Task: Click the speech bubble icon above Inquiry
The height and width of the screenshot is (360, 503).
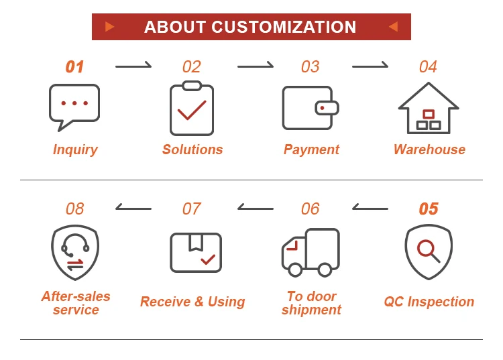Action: click(x=74, y=107)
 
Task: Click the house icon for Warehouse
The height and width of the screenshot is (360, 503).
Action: click(x=429, y=108)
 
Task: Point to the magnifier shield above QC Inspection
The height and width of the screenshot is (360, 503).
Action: click(x=429, y=251)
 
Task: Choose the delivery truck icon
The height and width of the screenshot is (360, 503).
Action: click(x=310, y=252)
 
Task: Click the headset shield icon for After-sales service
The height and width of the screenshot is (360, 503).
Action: click(x=74, y=252)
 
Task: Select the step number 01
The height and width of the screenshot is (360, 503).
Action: click(x=74, y=67)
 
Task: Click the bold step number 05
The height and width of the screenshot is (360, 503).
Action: click(x=429, y=209)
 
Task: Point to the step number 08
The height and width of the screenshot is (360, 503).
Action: click(x=74, y=209)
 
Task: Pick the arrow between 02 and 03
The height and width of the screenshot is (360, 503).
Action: click(x=256, y=66)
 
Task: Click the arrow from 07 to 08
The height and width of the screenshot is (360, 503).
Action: click(x=133, y=208)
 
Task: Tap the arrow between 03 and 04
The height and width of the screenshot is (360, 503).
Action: click(x=370, y=66)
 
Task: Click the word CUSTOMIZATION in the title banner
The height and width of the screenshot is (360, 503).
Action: click(x=284, y=27)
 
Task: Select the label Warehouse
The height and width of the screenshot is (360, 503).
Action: click(x=429, y=149)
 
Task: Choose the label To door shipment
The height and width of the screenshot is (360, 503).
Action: click(x=311, y=303)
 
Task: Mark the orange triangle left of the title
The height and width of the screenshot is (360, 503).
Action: click(x=109, y=27)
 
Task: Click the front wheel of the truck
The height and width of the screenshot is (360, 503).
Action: click(x=295, y=269)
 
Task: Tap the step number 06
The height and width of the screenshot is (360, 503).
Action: click(x=310, y=209)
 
